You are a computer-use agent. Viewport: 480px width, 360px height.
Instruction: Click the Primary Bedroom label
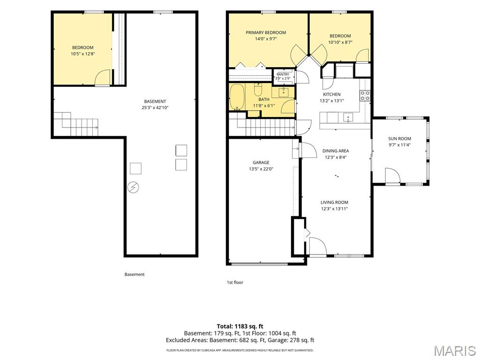click(266, 32)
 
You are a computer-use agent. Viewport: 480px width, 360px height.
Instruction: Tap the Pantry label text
click(283, 75)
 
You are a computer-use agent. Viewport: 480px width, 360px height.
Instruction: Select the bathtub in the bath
click(237, 97)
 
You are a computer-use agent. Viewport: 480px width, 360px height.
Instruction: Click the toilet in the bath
click(258, 90)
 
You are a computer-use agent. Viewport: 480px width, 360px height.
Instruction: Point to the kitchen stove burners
click(365, 96)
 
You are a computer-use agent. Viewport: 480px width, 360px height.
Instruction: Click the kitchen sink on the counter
click(348, 118)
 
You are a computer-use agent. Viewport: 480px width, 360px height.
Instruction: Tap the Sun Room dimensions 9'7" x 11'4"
click(399, 145)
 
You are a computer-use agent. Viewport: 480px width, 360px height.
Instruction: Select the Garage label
click(261, 163)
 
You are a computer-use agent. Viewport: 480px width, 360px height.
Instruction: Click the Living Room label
click(334, 202)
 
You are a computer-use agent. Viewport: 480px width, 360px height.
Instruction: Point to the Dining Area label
click(336, 151)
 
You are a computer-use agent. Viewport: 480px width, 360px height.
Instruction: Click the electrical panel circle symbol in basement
click(133, 187)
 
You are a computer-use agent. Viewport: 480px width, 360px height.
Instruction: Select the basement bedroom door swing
click(102, 77)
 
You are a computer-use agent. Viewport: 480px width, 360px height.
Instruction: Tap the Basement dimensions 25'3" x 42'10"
click(155, 108)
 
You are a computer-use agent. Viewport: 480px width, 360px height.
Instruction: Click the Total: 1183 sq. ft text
click(240, 326)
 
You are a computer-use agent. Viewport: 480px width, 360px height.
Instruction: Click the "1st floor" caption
click(235, 282)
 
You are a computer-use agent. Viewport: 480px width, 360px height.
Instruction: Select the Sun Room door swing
click(392, 175)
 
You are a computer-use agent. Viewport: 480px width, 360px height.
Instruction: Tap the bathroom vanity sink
click(284, 91)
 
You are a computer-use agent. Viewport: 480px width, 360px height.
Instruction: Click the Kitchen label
click(332, 94)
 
